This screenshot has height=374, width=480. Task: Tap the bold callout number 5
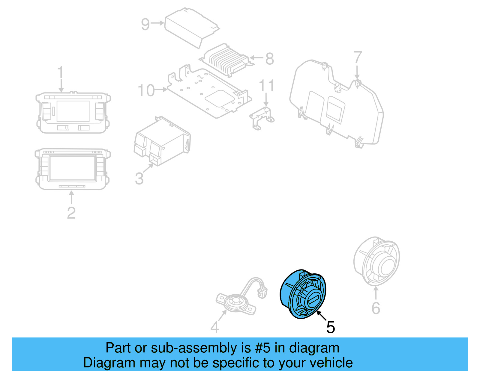point(331,327)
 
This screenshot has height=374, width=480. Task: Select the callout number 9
point(145,24)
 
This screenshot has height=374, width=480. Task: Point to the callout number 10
point(146,90)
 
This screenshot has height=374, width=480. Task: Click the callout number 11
point(266,86)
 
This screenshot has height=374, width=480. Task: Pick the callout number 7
point(358,57)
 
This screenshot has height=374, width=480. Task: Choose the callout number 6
point(376,308)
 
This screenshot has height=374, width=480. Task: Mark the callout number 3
point(139,178)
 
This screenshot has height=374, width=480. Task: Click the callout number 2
point(71,213)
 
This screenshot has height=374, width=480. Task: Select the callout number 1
point(61,72)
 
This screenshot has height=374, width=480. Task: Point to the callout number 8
point(269,59)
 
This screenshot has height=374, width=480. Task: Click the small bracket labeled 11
point(262,118)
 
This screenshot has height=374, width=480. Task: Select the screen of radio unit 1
point(73,111)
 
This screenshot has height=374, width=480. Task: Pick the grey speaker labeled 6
point(376,261)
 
